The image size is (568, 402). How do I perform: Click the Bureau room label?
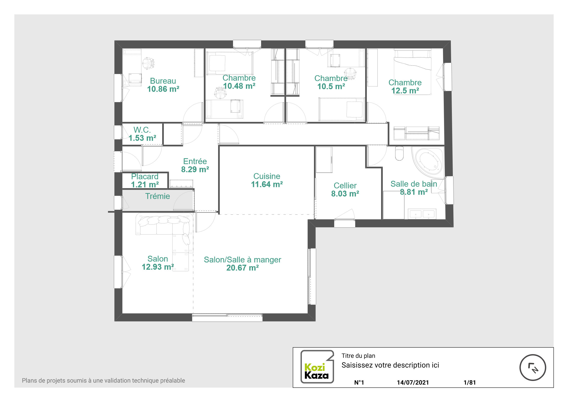163,81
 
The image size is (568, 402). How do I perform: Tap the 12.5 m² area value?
405,91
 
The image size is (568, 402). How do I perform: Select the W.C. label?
142,130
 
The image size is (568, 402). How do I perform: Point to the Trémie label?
157,196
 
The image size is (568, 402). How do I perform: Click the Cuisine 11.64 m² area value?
267,184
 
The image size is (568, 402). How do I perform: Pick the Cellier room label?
345,186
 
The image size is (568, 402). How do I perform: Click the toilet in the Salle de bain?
399,153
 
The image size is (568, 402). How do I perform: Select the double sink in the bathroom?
422,214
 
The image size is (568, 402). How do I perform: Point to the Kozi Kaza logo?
317,366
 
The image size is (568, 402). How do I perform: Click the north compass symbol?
533,367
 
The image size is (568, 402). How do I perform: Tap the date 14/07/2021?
413,382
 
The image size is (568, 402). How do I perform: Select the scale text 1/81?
470,382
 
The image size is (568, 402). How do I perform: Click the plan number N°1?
359,382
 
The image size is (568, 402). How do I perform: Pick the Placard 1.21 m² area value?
145,185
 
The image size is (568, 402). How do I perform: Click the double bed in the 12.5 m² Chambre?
413,72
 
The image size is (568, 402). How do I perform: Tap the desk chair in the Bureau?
148,63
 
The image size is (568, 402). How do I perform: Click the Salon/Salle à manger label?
242,260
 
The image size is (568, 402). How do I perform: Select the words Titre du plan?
358,356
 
